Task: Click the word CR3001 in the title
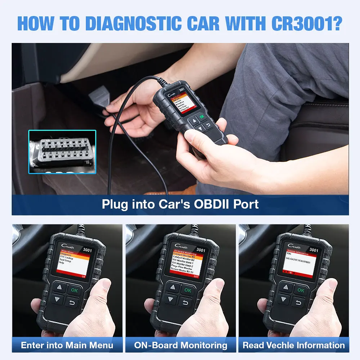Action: pos(307,23)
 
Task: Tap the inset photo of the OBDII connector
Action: pos(62,152)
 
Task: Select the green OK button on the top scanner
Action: pos(201,117)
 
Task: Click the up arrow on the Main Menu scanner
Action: pos(59,287)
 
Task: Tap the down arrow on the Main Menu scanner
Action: pos(57,299)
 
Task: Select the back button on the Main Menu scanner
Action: pos(72,303)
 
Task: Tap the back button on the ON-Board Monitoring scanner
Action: pos(185,303)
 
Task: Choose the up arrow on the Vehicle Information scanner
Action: pos(286,287)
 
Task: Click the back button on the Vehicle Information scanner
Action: pos(298,303)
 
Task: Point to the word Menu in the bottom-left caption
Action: pos(101,345)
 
